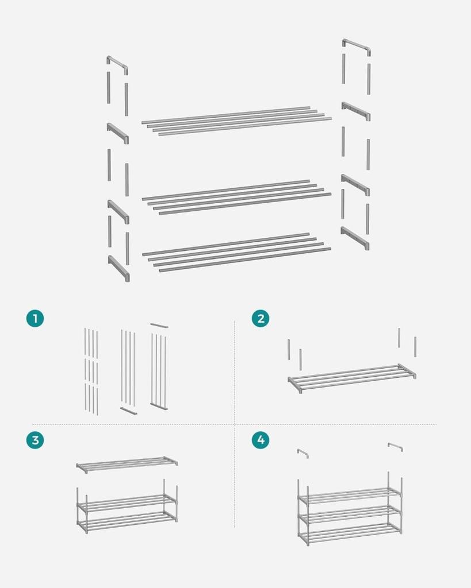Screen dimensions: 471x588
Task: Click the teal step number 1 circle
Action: pos(35,318)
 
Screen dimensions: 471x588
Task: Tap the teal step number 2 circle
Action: pos(261,318)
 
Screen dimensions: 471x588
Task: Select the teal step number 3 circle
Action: pos(35,439)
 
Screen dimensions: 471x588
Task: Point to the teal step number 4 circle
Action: pos(261,439)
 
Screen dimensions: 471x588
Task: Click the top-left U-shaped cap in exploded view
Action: pos(118,63)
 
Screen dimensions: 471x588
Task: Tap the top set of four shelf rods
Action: pos(236,121)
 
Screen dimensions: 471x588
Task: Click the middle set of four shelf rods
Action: pos(236,197)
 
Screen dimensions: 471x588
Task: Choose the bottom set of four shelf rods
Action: pos(236,252)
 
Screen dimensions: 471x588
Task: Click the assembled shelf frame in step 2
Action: pos(352,378)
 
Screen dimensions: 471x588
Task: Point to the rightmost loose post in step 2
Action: pos(415,347)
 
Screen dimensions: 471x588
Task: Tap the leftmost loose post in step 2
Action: pos(289,350)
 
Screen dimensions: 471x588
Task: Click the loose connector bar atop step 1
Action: pos(159,326)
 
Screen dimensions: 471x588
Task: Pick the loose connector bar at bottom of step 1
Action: pos(128,411)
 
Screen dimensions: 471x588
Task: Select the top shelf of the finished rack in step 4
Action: pos(350,494)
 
